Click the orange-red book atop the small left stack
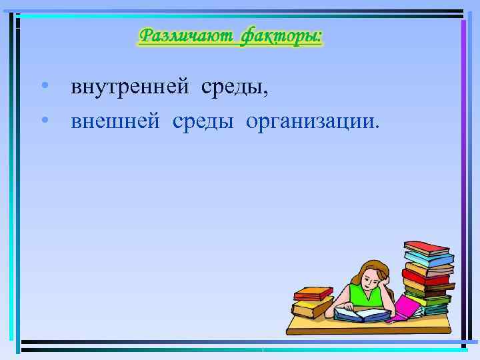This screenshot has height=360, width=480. tap(313, 293)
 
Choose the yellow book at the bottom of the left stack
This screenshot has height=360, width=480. tap(313, 308)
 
